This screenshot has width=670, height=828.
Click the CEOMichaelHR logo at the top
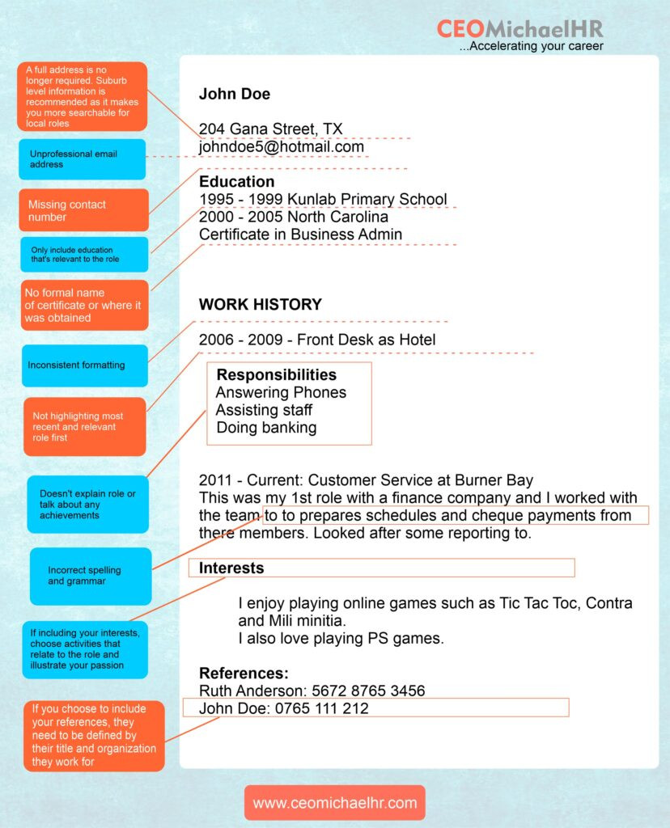[519, 29]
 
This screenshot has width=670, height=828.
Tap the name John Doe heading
[235, 94]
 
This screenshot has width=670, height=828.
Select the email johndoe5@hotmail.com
[282, 146]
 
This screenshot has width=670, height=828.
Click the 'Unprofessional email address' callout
[83, 158]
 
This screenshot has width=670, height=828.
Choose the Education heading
[236, 181]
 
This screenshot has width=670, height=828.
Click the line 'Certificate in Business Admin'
[300, 234]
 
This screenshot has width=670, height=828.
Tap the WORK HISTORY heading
[260, 304]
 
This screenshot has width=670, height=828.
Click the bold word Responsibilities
[276, 374]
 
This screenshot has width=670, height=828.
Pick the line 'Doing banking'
[266, 428]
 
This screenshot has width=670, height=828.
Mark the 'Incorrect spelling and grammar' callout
[90, 576]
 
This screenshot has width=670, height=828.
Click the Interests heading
[231, 568]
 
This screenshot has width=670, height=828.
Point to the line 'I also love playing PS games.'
[341, 639]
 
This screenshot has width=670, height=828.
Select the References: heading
[244, 673]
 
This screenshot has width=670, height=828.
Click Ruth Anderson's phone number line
[312, 691]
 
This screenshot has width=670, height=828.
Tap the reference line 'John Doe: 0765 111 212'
[283, 708]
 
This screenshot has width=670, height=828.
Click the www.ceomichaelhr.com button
[334, 803]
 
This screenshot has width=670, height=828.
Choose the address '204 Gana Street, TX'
[270, 129]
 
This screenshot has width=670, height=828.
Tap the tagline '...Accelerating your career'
[531, 46]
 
